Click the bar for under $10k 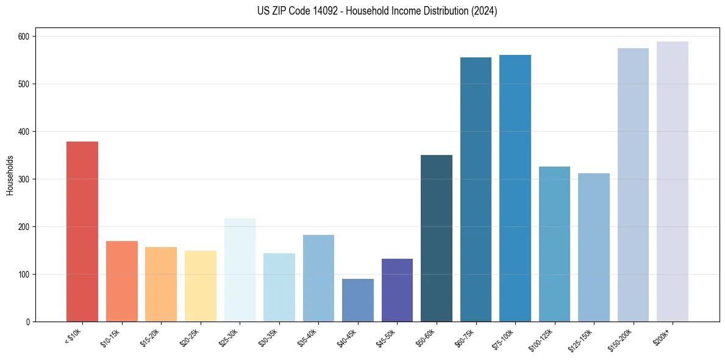pyautogui.click(x=82, y=232)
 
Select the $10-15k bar pyautogui.click(x=121, y=281)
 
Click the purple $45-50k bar pyautogui.click(x=397, y=290)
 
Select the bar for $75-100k pyautogui.click(x=515, y=189)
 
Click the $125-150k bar pyautogui.click(x=594, y=248)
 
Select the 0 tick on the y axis pyautogui.click(x=29, y=322)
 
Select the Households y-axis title pyautogui.click(x=10, y=175)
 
